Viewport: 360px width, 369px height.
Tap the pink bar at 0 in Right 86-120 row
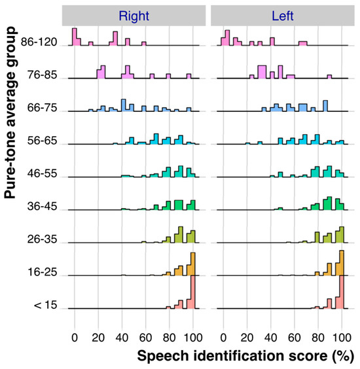tap(75, 37)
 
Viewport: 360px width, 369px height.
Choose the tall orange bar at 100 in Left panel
tap(341, 262)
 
